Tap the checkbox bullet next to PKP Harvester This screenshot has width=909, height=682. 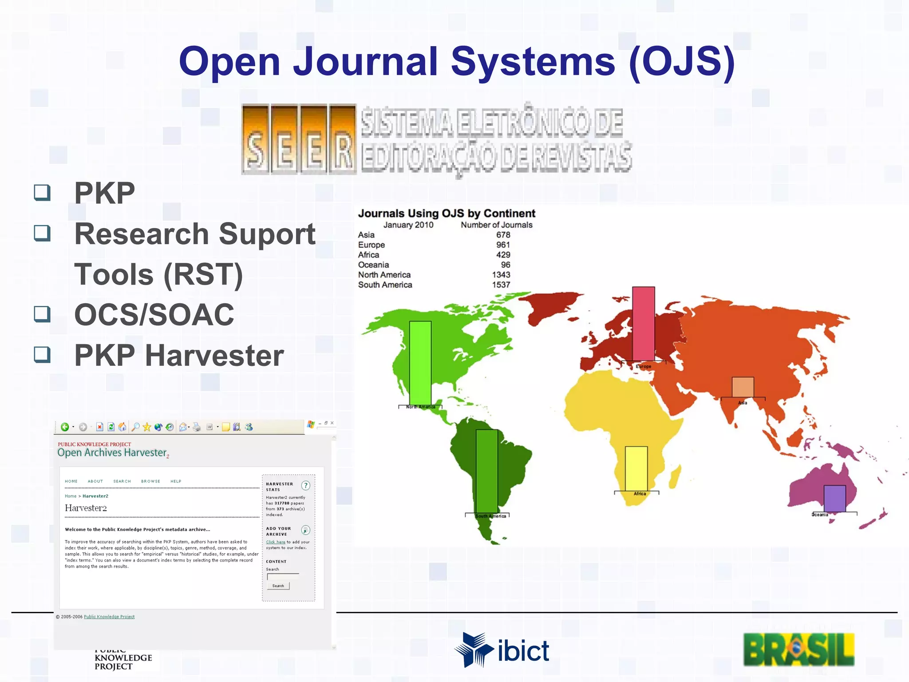42,354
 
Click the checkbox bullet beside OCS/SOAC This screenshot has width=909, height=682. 42,314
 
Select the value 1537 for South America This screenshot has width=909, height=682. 501,285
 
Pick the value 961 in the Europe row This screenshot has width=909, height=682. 503,245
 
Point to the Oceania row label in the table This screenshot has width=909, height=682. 373,265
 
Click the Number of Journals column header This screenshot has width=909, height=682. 496,225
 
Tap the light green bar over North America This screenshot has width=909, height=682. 420,363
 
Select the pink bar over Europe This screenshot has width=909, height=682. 643,324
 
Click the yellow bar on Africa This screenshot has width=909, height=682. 636,468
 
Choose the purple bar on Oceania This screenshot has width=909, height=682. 834,498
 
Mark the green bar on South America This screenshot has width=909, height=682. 486,471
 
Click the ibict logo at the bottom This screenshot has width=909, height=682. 502,650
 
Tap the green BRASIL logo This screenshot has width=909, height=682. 798,650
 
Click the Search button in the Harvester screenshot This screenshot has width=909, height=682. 278,586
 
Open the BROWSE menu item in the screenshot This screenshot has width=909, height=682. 150,481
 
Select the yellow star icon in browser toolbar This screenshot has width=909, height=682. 146,427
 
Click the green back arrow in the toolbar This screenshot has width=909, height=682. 65,427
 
